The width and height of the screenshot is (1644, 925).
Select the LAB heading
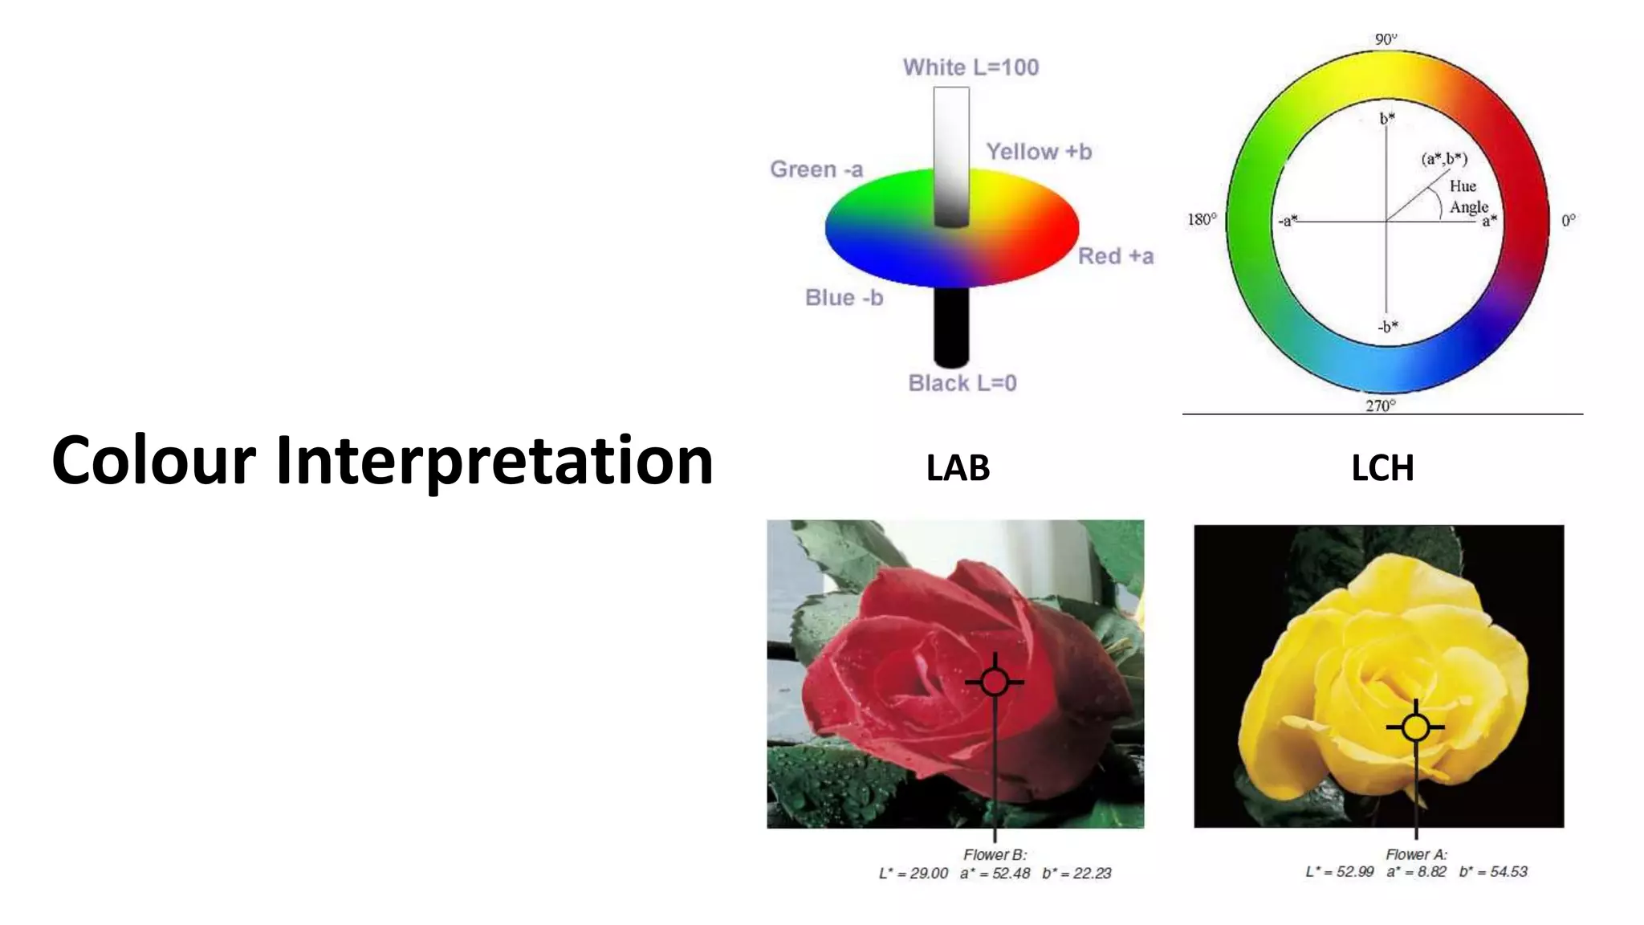[958, 468]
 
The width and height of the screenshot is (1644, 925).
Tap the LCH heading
[1382, 468]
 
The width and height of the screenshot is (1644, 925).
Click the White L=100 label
[971, 67]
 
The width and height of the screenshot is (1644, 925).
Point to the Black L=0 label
[962, 383]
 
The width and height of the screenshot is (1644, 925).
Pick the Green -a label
[816, 169]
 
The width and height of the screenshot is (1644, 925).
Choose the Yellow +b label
[1039, 152]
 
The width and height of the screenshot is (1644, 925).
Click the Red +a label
[1115, 256]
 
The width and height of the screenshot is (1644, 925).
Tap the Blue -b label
[844, 298]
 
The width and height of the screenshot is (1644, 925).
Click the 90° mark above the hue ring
[1386, 39]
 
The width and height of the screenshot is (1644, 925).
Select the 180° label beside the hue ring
[1202, 219]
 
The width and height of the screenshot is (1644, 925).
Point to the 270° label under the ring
[1381, 405]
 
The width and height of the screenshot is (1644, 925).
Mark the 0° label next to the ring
[1569, 220]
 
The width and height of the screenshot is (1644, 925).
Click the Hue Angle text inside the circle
[1467, 197]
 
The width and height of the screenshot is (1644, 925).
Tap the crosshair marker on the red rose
[995, 683]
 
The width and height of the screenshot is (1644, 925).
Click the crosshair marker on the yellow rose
[1416, 727]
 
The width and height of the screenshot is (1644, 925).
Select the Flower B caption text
[995, 855]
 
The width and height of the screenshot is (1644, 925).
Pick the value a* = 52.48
[995, 874]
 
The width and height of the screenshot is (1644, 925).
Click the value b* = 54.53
[1493, 872]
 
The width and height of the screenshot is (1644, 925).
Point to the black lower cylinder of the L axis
[951, 325]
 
